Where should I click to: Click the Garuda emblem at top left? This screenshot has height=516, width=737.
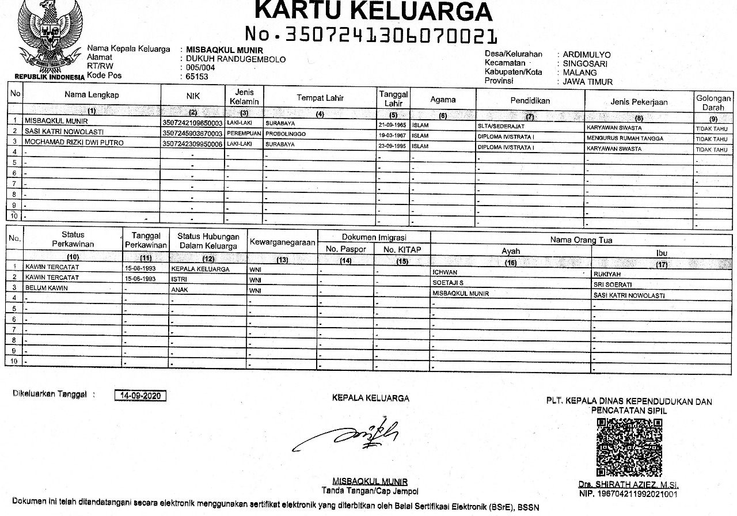45,36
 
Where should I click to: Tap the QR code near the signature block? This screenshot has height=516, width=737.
629,446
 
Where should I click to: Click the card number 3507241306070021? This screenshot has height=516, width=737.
371,36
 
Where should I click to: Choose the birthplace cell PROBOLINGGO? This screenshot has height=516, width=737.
286,134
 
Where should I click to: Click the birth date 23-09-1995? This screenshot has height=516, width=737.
393,145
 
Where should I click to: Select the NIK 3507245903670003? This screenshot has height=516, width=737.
192,134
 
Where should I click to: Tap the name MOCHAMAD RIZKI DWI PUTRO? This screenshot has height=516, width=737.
74,143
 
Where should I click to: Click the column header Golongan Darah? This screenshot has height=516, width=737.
713,103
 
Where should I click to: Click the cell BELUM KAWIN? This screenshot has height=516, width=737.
47,287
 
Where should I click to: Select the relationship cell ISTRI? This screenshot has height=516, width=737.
180,279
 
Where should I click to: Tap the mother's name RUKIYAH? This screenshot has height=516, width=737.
607,274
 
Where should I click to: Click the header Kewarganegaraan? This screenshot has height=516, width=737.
282,242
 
